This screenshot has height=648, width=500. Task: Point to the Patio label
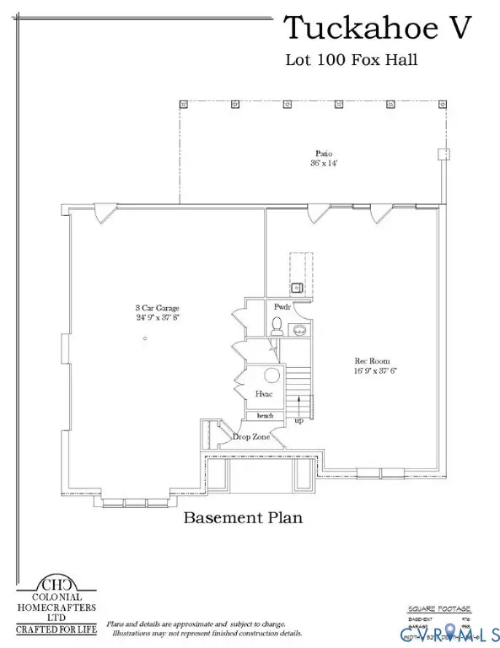click(x=324, y=154)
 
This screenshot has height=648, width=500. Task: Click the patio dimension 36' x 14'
click(x=324, y=164)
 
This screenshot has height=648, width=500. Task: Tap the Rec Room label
click(x=371, y=360)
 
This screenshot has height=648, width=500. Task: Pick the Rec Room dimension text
click(x=371, y=370)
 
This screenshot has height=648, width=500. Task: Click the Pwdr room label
click(x=282, y=307)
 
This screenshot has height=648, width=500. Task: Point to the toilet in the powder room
click(x=277, y=324)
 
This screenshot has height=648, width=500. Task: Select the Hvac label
click(x=264, y=394)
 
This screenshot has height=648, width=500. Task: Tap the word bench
click(x=265, y=416)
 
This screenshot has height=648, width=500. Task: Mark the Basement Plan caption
click(x=243, y=517)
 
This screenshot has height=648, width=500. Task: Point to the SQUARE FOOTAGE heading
click(x=439, y=608)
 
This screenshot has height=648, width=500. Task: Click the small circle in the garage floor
click(x=146, y=337)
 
